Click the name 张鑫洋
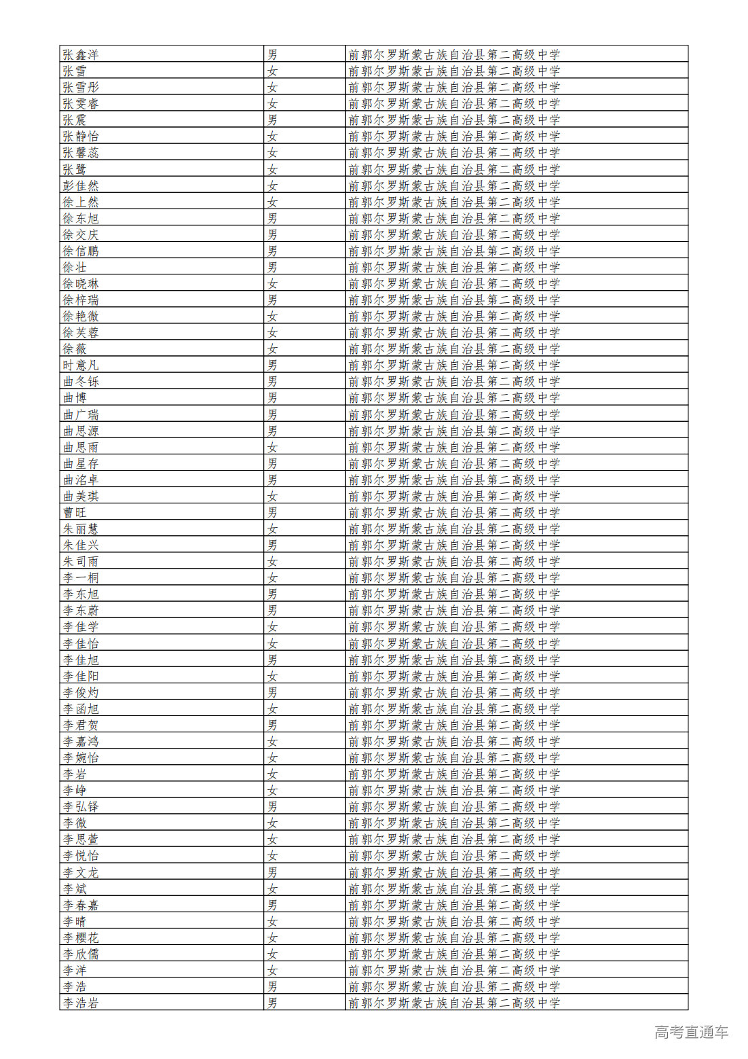tap(81, 54)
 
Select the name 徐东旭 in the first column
tap(81, 218)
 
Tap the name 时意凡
tap(81, 365)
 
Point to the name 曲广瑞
tap(81, 414)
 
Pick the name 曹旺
tap(75, 512)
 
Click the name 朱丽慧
tap(81, 528)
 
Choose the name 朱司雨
tap(81, 561)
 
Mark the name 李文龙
tap(81, 872)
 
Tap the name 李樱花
tap(81, 937)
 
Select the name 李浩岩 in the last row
tap(81, 1003)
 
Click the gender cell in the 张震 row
tap(272, 120)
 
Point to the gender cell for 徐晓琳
tap(272, 283)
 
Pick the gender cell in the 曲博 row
tap(272, 398)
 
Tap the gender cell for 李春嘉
tap(272, 905)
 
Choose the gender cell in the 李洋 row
tap(272, 970)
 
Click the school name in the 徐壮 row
tap(454, 267)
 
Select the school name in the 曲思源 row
tap(454, 431)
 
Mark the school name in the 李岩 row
tap(454, 774)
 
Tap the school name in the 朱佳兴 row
tap(454, 545)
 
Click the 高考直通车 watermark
tap(691, 1032)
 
